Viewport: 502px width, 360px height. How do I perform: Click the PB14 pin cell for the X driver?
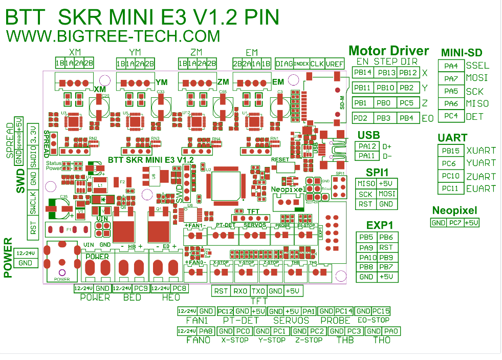click(363, 73)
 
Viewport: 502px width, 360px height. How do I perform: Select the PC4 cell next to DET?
click(451, 116)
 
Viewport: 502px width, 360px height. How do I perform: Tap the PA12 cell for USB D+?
click(367, 146)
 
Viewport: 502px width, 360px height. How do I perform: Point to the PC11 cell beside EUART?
click(451, 188)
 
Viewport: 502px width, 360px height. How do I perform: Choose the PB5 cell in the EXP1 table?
click(366, 238)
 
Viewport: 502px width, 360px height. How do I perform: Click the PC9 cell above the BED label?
click(141, 289)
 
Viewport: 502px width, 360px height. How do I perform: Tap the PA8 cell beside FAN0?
click(206, 331)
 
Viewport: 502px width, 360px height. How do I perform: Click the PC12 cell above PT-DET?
click(226, 311)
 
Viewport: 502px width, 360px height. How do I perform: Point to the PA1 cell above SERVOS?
click(309, 311)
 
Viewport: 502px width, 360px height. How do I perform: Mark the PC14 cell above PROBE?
click(344, 311)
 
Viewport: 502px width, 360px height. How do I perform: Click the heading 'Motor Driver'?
click(388, 51)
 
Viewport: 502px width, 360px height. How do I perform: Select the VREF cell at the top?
click(335, 63)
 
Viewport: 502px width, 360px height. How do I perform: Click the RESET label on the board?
click(280, 159)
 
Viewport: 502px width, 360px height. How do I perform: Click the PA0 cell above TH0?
click(391, 331)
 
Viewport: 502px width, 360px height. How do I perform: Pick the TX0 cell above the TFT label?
click(258, 291)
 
